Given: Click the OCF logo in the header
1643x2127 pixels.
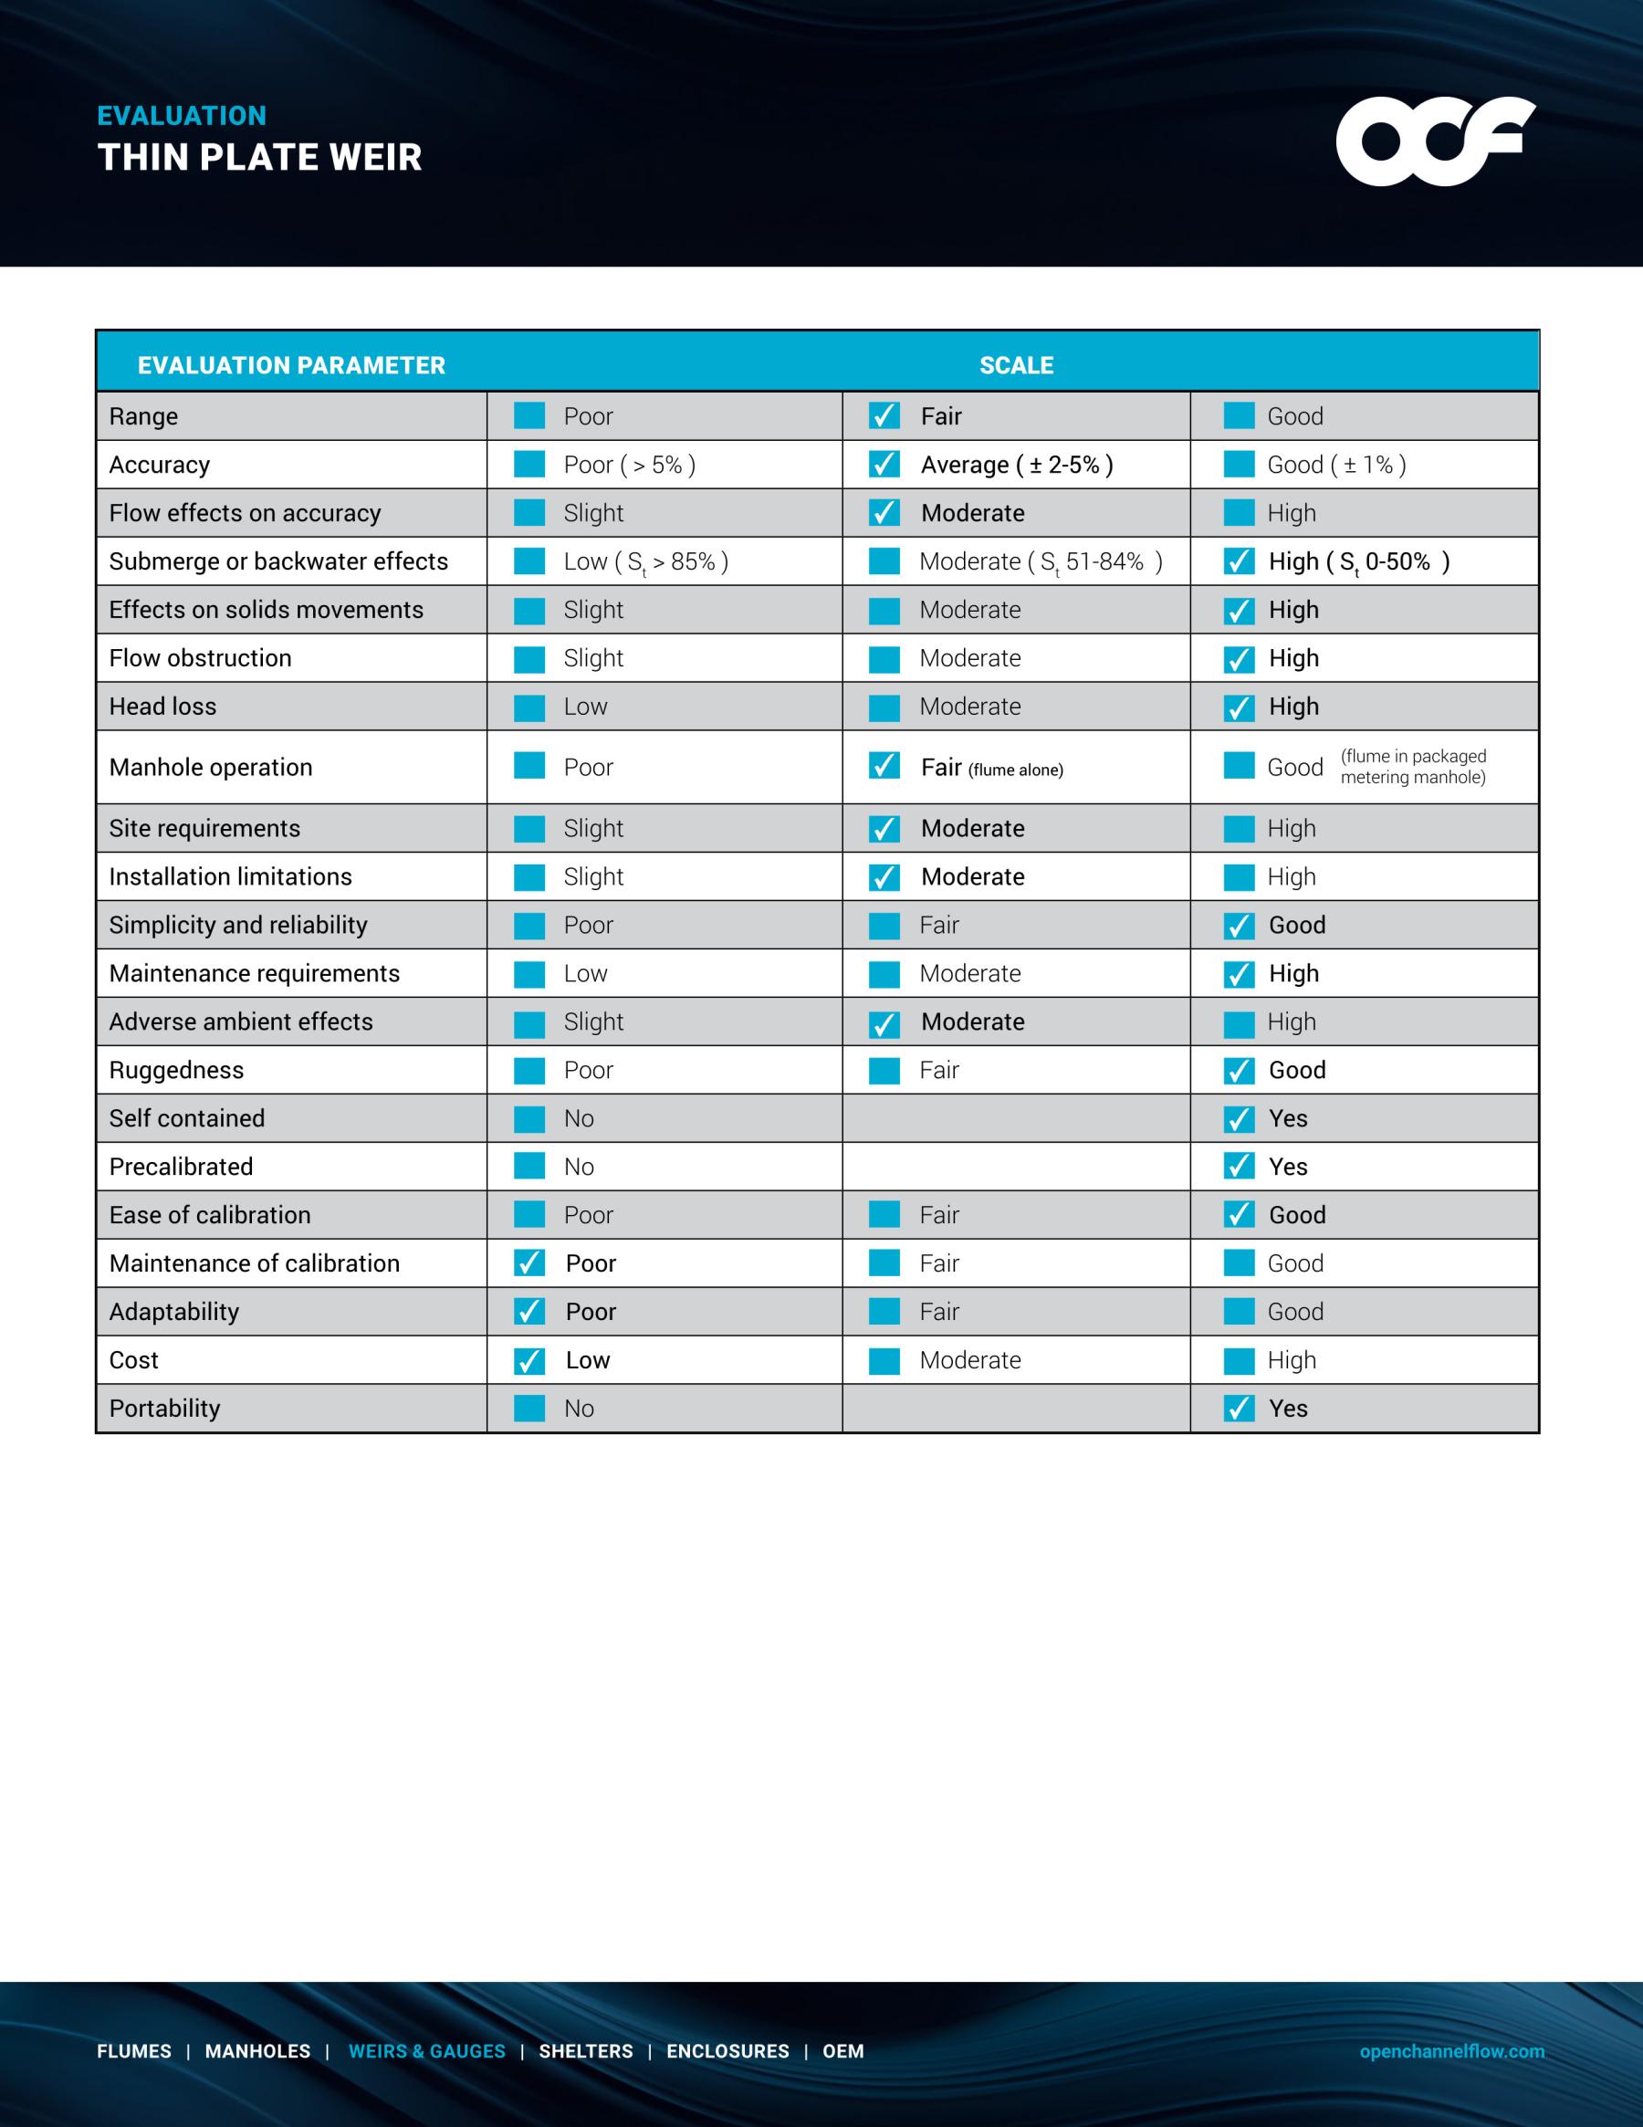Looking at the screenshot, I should click(x=1435, y=141).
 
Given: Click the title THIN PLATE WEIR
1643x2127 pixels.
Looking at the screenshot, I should click(x=260, y=158).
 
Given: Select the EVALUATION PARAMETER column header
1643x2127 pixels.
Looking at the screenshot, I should click(x=291, y=365).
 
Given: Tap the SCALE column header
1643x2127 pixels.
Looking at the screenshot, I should click(x=1016, y=365).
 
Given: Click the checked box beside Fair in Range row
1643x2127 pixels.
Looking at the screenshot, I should click(x=884, y=416).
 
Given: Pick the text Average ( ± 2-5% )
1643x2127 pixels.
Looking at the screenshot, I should click(x=1017, y=465).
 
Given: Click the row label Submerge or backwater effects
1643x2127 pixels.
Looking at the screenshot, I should click(x=278, y=561).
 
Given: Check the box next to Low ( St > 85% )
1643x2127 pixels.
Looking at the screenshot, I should click(x=529, y=561).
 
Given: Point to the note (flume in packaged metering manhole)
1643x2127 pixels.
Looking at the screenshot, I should click(x=1412, y=767).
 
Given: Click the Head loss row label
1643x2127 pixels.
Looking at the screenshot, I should click(x=162, y=706).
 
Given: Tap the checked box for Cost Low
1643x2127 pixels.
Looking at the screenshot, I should click(x=529, y=1360).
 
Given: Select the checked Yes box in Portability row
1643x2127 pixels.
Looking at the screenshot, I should click(x=1239, y=1409).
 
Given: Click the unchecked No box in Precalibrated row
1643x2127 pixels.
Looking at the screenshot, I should click(x=529, y=1166).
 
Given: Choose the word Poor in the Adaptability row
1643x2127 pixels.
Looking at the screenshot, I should click(x=591, y=1312).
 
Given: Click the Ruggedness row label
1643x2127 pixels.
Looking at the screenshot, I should click(x=176, y=1070).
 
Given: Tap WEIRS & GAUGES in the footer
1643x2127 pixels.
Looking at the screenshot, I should click(x=426, y=2051).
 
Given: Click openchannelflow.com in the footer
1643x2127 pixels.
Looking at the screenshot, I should click(x=1451, y=2051).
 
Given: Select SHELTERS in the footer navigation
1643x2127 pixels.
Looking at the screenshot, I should click(x=585, y=2051).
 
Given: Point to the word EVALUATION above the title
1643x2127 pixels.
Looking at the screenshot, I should click(x=181, y=116).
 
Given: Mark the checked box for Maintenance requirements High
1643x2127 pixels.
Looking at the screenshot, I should click(x=1239, y=974).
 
